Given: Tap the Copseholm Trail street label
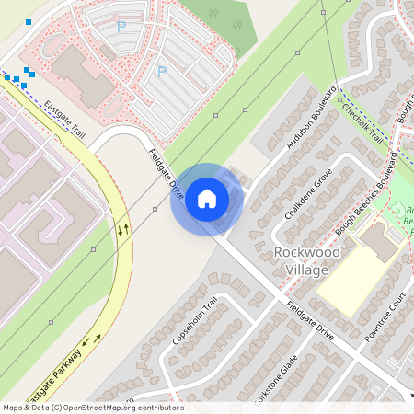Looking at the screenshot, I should [194, 321].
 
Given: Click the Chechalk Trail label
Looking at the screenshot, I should [361, 121].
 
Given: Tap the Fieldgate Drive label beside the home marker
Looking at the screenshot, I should [167, 176].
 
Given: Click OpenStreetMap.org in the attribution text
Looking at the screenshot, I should [107, 408].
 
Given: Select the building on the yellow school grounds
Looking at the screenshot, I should [379, 241].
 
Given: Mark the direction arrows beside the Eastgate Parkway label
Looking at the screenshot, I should [90, 342].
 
